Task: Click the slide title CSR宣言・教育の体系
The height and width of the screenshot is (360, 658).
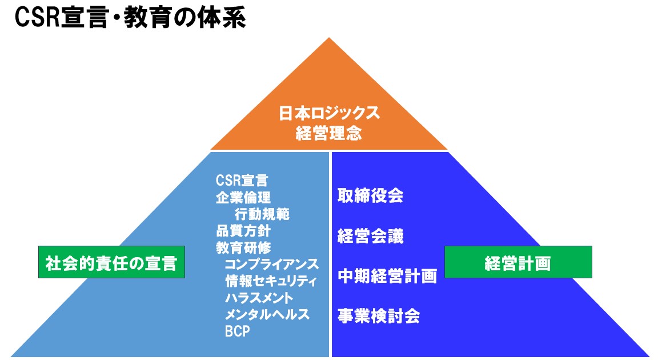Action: [x=130, y=18]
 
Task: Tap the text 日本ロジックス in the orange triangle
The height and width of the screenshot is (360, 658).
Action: [x=330, y=113]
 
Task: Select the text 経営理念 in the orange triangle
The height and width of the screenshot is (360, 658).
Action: [x=328, y=133]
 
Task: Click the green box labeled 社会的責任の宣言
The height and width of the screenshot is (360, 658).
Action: [x=111, y=262]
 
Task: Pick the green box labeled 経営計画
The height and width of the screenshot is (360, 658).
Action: [x=518, y=262]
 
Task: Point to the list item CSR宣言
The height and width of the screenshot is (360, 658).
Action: [x=242, y=181]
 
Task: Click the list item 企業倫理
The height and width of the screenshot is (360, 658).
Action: [x=243, y=197]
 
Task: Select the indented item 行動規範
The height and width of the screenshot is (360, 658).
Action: [x=262, y=214]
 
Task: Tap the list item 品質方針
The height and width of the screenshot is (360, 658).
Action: [x=243, y=231]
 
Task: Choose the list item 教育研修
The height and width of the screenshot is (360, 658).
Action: [x=243, y=247]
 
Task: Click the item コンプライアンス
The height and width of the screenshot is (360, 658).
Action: [x=272, y=265]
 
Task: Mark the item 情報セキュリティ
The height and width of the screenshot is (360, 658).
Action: [x=271, y=281]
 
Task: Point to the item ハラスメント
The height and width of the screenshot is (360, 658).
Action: [x=259, y=298]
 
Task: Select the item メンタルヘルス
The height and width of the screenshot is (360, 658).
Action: [x=267, y=315]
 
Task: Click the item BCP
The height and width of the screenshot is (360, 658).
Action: [x=238, y=331]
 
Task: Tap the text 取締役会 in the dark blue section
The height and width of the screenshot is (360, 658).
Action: [x=370, y=196]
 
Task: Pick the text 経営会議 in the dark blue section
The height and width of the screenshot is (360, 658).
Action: [x=370, y=236]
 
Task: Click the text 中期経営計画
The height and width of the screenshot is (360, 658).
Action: [x=387, y=276]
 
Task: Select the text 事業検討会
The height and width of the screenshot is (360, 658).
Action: [x=379, y=316]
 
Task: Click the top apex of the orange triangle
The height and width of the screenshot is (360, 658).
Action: [x=329, y=38]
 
